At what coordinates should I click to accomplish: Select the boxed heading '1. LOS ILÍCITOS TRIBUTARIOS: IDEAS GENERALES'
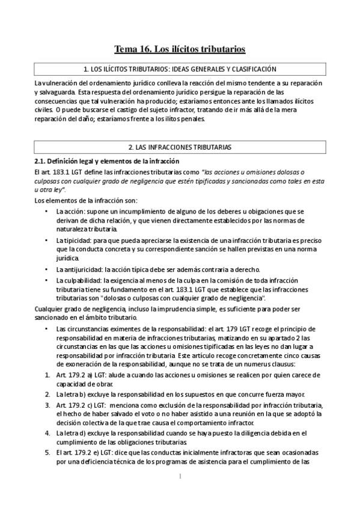pos(180,70)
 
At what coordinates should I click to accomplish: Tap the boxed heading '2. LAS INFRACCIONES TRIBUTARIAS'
pos(180,147)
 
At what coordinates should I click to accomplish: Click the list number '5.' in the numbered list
pos(48,451)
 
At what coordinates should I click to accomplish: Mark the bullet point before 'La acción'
pos(47,212)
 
